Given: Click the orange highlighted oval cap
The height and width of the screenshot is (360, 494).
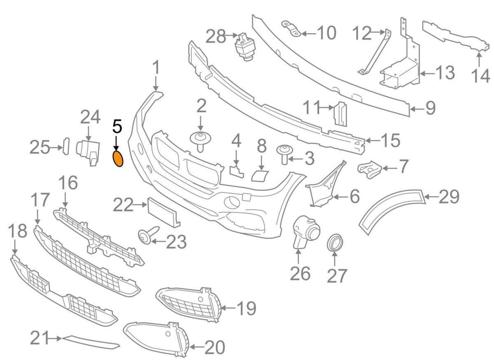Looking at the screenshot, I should [x=118, y=159].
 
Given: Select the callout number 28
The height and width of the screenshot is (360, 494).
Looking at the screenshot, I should [x=216, y=37].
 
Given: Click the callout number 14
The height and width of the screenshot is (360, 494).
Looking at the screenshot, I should [x=481, y=76].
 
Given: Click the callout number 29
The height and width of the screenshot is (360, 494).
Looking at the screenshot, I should [x=449, y=197].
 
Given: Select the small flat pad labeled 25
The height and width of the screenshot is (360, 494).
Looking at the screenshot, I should [x=65, y=147].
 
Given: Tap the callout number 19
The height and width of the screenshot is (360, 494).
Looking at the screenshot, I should [x=245, y=308].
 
